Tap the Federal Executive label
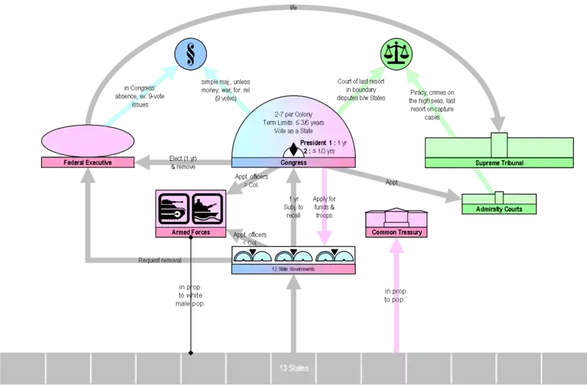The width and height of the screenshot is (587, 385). pyautogui.click(x=88, y=162)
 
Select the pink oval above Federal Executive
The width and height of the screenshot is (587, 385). pyautogui.click(x=88, y=140)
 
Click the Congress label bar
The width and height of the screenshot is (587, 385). pyautogui.click(x=293, y=162)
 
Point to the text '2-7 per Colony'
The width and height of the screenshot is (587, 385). pyautogui.click(x=293, y=114)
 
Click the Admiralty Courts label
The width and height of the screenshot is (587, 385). pyautogui.click(x=499, y=209)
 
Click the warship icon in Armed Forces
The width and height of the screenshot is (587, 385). pyautogui.click(x=206, y=207)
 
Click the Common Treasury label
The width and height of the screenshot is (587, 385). pyautogui.click(x=396, y=232)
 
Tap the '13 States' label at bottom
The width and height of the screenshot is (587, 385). pyautogui.click(x=293, y=367)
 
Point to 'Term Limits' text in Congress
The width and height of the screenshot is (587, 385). pyautogui.click(x=293, y=122)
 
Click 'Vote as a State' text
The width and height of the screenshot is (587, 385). pyautogui.click(x=293, y=130)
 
